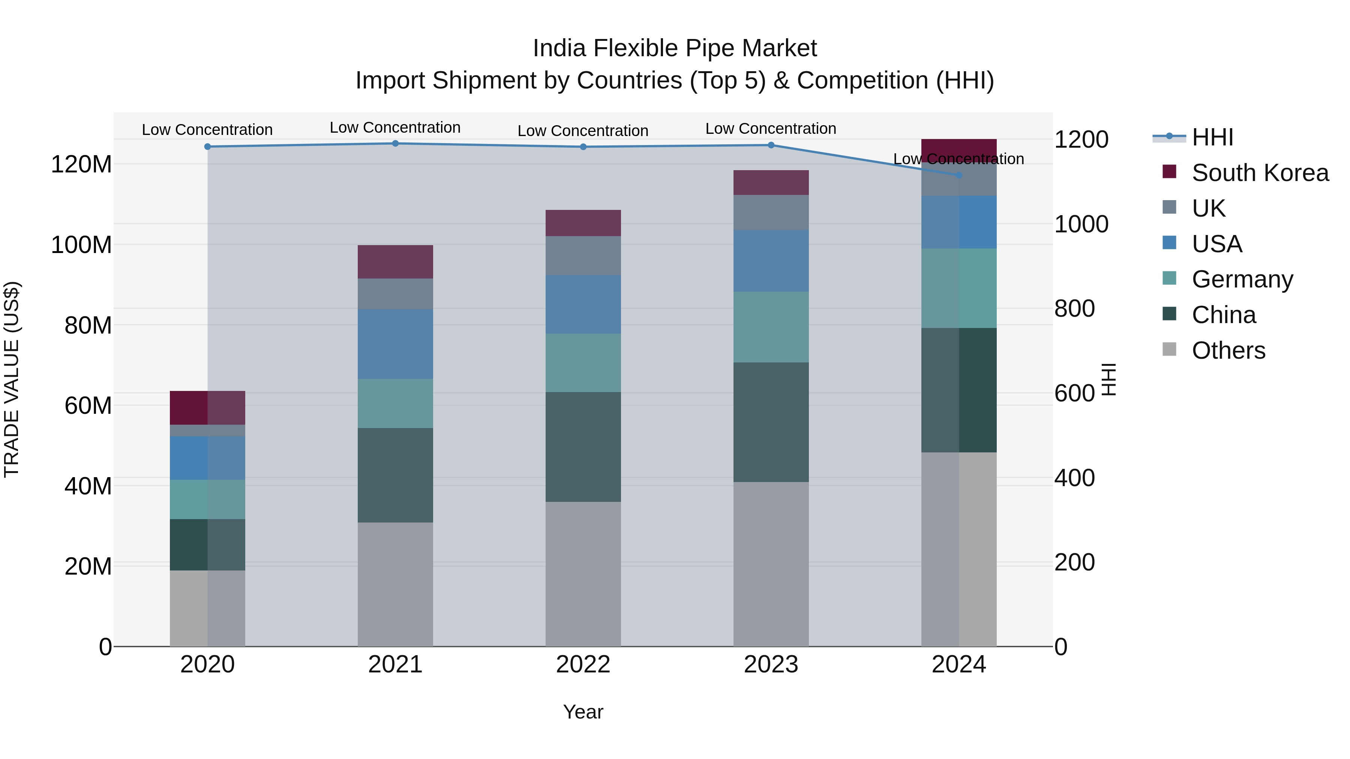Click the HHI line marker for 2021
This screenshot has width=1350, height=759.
pos(395,144)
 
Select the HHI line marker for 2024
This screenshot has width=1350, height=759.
pos(959,175)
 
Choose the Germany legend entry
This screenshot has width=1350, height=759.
pos(1242,279)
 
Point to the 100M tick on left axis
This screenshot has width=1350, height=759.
pos(81,245)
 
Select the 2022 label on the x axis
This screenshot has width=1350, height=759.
pos(583,665)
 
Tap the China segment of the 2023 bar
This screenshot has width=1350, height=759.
pos(771,422)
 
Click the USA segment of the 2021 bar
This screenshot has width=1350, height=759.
pos(395,344)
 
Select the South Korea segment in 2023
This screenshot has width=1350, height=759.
pos(771,182)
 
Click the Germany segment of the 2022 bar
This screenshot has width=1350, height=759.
pos(583,362)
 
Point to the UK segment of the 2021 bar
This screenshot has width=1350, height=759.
pos(395,294)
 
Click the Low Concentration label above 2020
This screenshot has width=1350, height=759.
pos(207,130)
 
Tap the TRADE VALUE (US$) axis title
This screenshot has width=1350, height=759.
pos(12,379)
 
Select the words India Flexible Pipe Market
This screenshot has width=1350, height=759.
pos(675,49)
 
